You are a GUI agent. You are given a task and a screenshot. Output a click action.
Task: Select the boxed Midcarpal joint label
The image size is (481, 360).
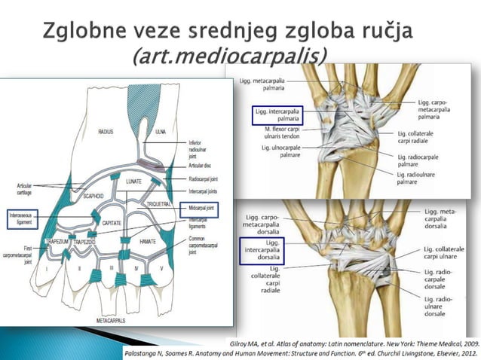(198, 209)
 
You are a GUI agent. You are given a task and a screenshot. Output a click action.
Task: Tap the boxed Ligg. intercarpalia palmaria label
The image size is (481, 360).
(276, 114)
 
